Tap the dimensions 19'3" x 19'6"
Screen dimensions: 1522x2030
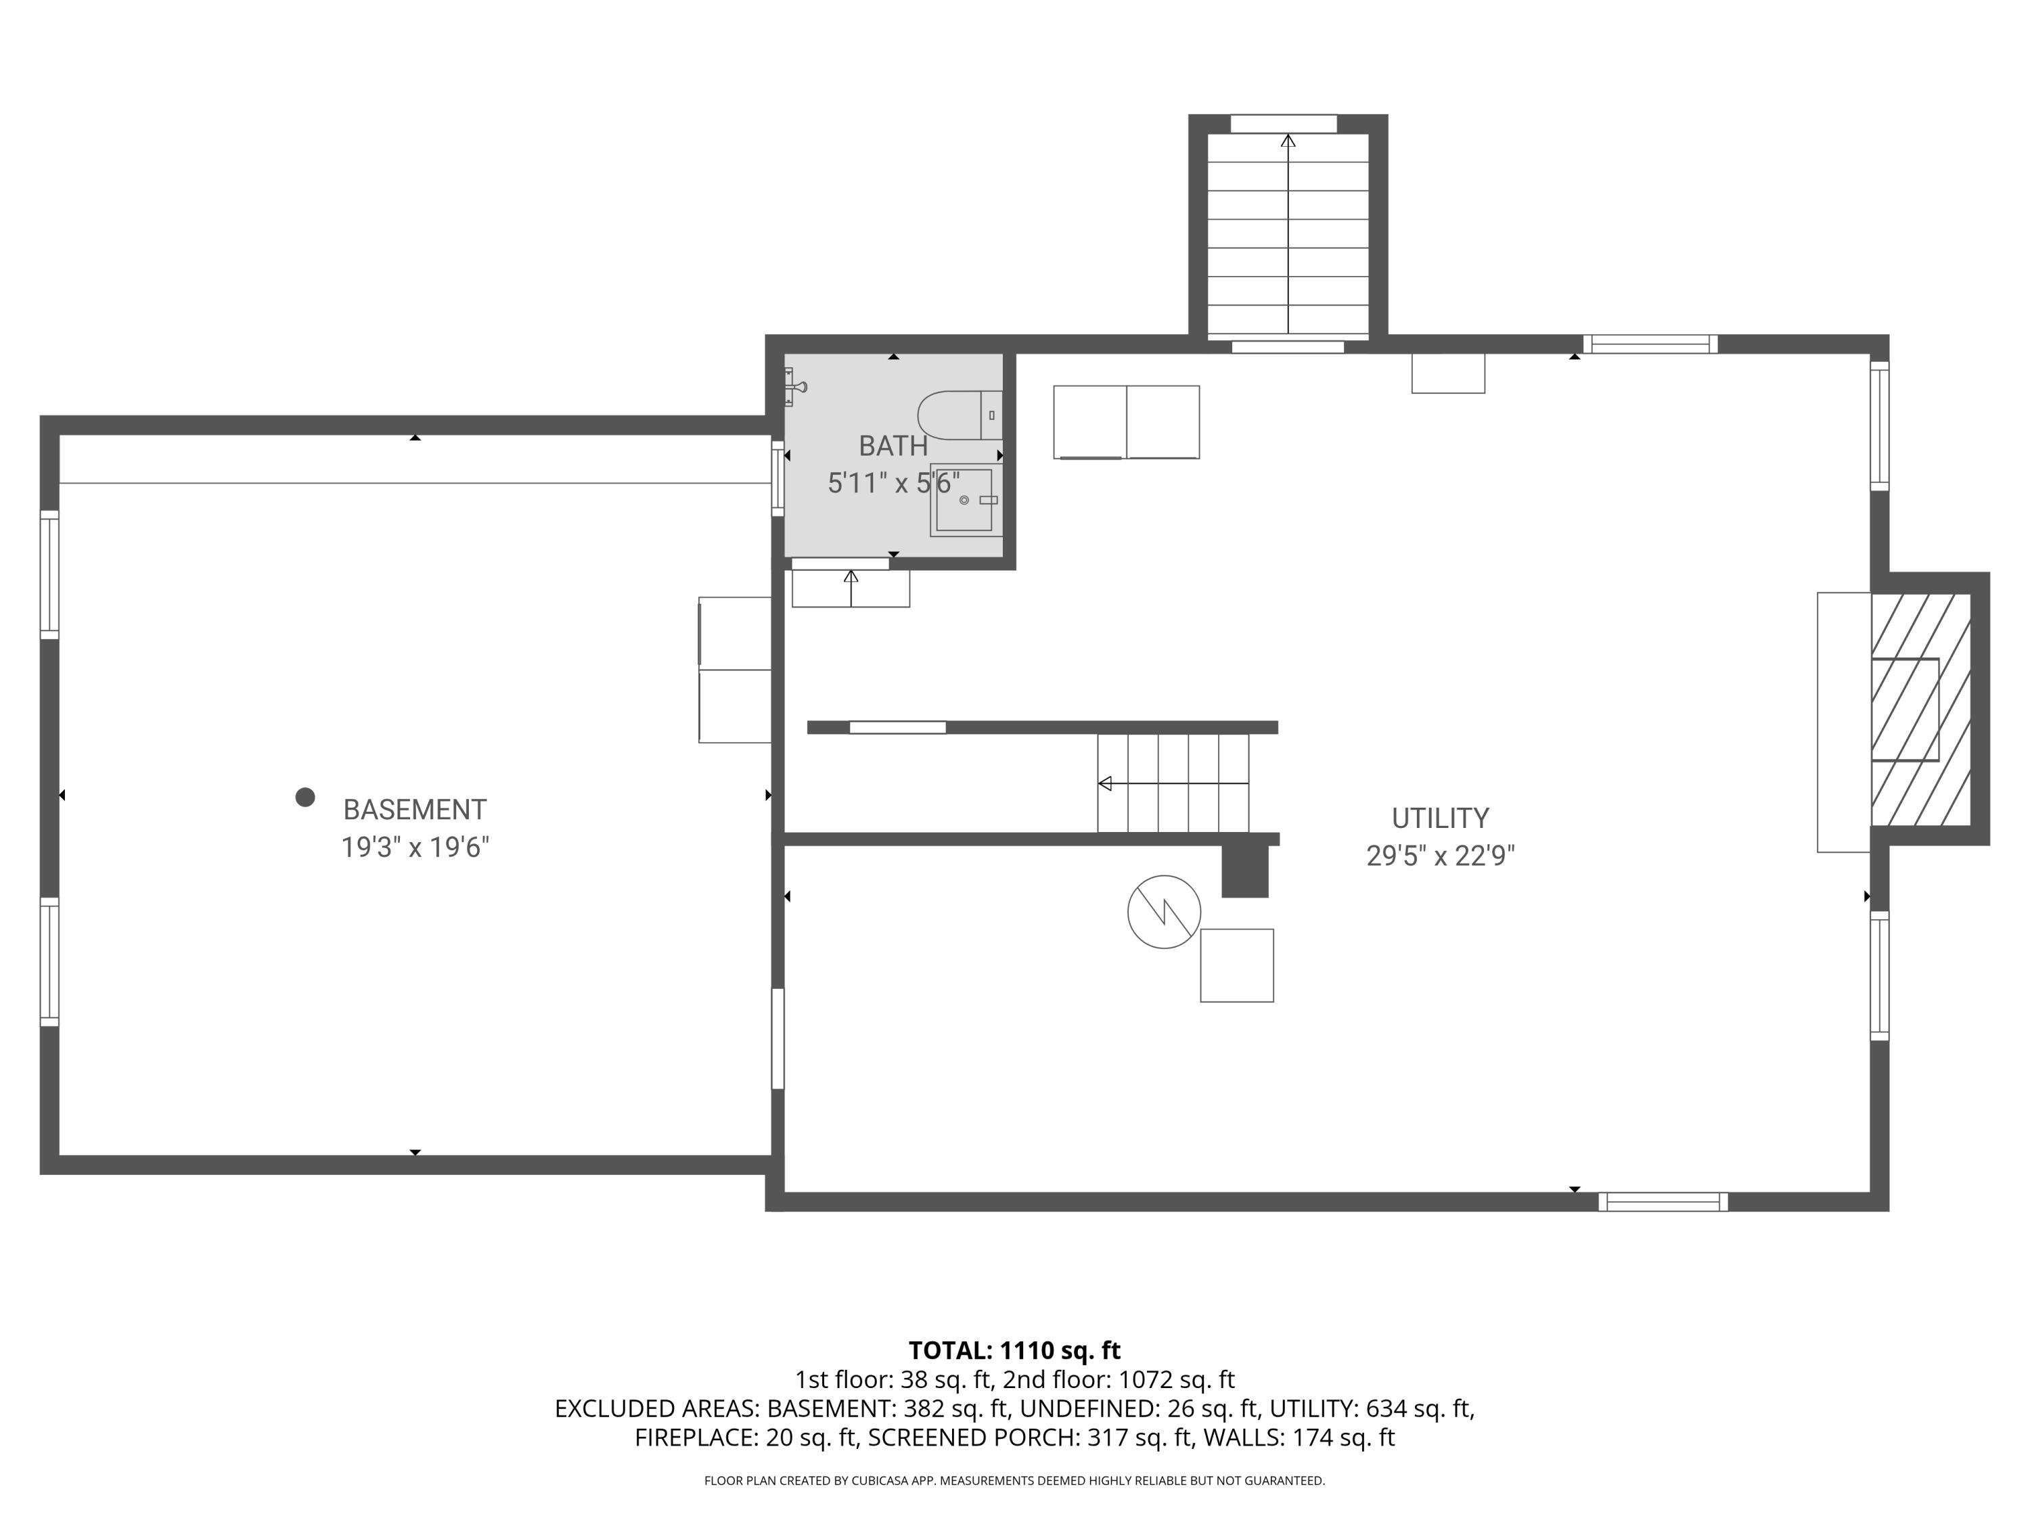pyautogui.click(x=414, y=847)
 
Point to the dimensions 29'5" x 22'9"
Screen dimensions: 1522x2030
pyautogui.click(x=1439, y=855)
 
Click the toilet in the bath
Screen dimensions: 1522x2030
pyautogui.click(x=959, y=415)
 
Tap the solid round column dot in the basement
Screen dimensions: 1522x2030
pyautogui.click(x=304, y=798)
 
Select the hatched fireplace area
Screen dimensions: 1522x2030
pyautogui.click(x=1920, y=709)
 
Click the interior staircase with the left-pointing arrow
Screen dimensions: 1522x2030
pyautogui.click(x=1172, y=783)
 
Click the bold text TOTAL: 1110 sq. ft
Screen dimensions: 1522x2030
pyautogui.click(x=1014, y=1350)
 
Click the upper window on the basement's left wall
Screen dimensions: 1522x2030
pyautogui.click(x=49, y=574)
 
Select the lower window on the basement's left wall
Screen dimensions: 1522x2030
pyautogui.click(x=49, y=961)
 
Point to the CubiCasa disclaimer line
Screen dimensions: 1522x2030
pyautogui.click(x=1014, y=1481)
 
